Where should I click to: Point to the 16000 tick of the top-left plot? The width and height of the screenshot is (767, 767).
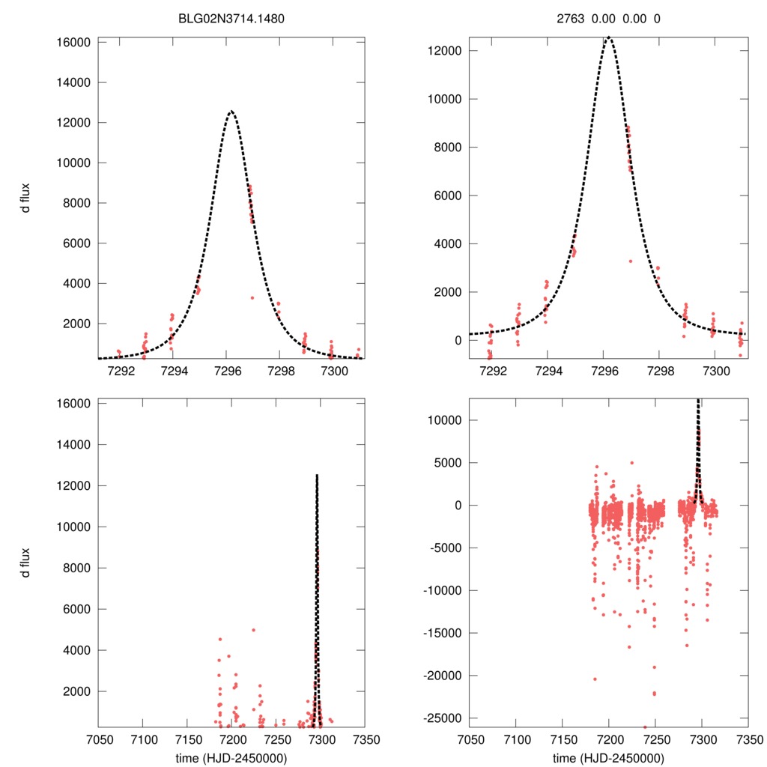coord(74,42)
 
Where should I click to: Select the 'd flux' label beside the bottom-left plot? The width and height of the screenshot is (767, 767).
coord(25,563)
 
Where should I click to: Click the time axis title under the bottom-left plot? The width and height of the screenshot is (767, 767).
coord(233,757)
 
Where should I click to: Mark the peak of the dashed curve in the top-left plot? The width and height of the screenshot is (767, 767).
coord(231,111)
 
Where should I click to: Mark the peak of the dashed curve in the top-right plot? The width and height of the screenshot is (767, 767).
coord(609,37)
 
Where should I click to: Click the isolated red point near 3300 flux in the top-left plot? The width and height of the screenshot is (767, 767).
coord(252,297)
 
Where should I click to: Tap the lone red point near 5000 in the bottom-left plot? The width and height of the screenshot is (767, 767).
coord(253,630)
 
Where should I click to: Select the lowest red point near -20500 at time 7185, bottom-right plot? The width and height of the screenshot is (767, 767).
coord(595,679)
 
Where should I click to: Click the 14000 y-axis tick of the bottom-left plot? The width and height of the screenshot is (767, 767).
coord(74,445)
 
